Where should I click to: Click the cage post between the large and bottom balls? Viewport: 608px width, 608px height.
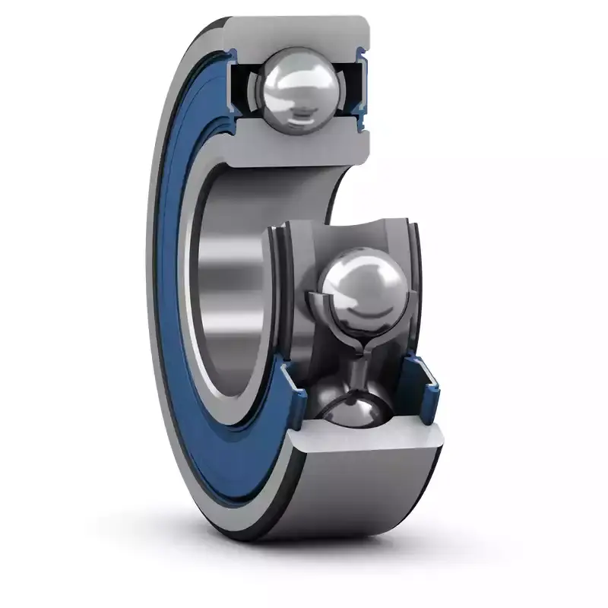357,376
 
